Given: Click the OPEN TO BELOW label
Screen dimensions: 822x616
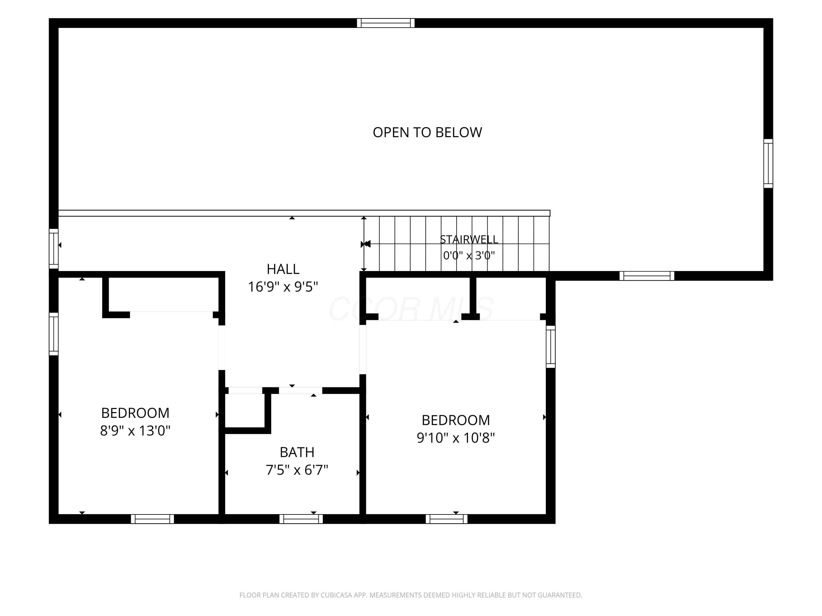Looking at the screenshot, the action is pos(427,133).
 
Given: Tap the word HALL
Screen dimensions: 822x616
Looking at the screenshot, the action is pos(283,269).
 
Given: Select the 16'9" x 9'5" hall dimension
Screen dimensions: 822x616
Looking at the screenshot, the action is pos(283,287).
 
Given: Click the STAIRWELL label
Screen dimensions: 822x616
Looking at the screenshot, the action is pos(469,240).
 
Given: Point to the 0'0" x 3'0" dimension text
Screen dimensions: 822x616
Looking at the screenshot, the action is pos(469,255).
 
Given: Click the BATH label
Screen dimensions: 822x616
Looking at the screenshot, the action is pos(297,452).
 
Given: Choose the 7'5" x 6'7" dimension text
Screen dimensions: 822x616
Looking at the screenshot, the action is pos(297,470).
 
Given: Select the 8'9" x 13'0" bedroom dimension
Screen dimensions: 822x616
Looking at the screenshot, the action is pos(135,431).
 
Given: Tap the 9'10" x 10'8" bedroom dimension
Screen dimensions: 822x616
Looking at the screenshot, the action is pos(456,438).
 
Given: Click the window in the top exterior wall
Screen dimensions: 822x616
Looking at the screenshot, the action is pos(386,23).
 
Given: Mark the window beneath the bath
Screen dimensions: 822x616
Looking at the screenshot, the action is pos(301,519).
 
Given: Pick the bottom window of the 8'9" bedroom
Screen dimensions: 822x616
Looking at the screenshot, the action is pos(152,519).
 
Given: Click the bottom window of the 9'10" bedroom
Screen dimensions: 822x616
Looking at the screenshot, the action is pos(447,519).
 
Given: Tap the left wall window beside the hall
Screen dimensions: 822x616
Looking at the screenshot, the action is pos(54,248).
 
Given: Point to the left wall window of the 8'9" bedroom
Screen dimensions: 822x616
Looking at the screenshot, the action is pos(54,334).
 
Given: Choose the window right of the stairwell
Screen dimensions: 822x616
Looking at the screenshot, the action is pos(647,276).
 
